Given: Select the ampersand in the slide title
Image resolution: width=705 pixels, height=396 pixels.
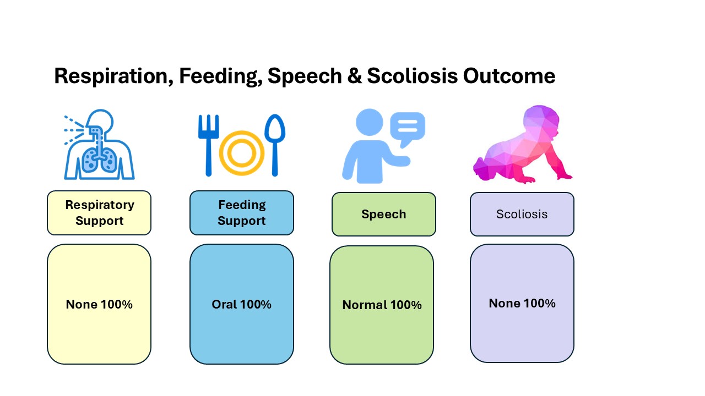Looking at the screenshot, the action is coord(354,76).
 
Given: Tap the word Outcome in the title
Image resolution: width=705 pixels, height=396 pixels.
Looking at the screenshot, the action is coord(509,76).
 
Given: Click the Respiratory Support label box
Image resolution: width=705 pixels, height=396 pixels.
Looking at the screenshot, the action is coord(99,213).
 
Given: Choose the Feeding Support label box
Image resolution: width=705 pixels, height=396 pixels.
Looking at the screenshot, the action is coord(242,213).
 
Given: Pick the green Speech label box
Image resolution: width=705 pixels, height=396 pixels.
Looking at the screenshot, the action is coord(384,214).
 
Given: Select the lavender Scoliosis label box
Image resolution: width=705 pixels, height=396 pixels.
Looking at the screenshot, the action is coord(522,214).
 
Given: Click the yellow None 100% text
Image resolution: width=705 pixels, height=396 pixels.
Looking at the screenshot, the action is coord(99,304).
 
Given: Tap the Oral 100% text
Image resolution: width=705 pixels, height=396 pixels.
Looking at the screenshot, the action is coord(241,304).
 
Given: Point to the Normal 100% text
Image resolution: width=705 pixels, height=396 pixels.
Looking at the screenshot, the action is coord(382,305).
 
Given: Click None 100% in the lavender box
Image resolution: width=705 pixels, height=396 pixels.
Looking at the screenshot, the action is coord(522,303).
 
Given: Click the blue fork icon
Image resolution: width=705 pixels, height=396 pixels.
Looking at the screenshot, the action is coord(208,145).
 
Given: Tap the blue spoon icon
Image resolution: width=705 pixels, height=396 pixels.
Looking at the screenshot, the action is coord(275,145).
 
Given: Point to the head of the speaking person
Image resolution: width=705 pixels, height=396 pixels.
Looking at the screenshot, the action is coord(369,122).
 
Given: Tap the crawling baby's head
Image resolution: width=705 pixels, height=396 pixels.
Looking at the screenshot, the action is coord(541,121).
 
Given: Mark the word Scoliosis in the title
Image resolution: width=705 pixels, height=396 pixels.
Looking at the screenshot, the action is coord(413,76).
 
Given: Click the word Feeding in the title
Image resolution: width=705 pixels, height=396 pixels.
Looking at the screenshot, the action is coord(221,76).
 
